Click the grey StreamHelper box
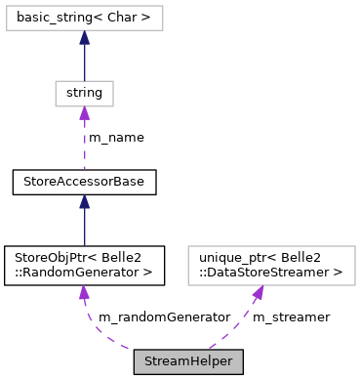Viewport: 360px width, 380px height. pos(188,361)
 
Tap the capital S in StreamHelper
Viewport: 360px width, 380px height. pos(148,361)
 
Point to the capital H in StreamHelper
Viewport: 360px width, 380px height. pos(192,361)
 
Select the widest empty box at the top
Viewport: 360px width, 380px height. pos(84,18)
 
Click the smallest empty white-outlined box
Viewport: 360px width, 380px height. pos(84,94)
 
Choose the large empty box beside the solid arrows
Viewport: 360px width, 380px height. pos(271,266)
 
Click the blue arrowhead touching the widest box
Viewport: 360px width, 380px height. pos(84,37)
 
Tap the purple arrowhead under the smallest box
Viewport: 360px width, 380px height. pos(84,113)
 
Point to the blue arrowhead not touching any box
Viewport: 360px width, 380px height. pos(84,201)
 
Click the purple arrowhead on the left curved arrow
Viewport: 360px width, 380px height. pos(84,292)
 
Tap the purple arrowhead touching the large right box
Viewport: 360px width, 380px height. pos(259,292)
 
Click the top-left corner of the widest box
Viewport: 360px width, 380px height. pos(7,6)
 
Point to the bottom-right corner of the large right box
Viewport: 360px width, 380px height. pos(355,284)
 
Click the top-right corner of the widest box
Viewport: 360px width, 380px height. pos(162,6)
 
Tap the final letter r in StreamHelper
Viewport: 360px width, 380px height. pos(229,362)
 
